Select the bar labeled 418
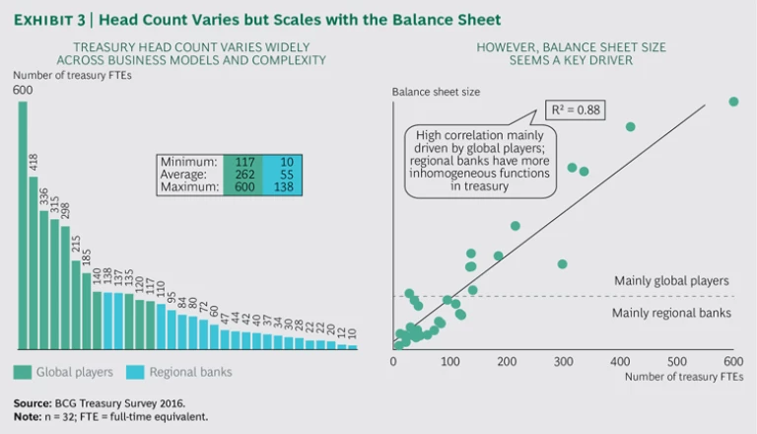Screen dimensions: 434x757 34,261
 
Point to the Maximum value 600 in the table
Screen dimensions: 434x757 239,188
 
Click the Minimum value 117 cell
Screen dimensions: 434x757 239,162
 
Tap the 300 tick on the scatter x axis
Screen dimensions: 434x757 564,362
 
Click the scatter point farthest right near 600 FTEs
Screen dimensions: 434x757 733,102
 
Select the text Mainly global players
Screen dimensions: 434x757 671,281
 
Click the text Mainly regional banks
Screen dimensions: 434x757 671,313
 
